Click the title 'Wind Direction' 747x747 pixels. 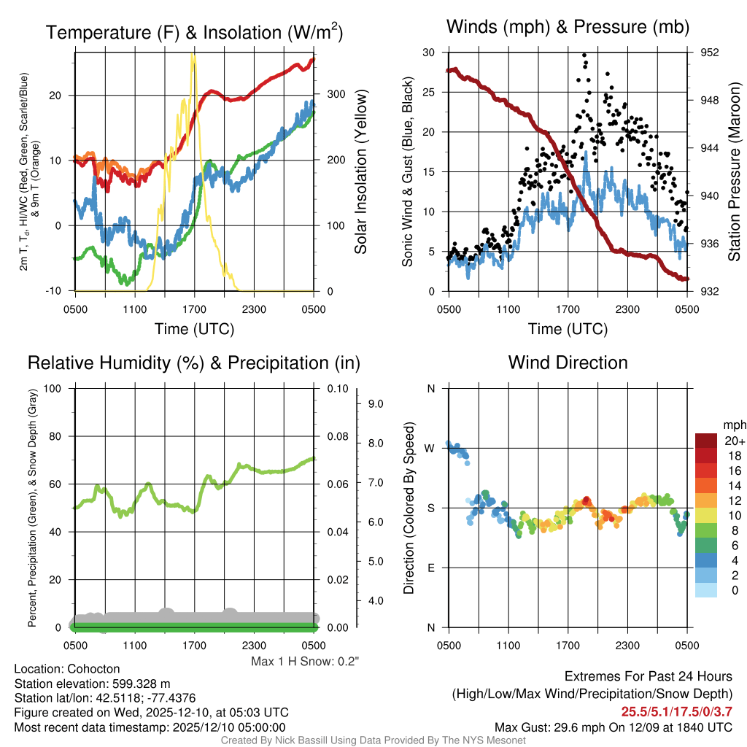[568, 363]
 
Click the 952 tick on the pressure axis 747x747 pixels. [711, 53]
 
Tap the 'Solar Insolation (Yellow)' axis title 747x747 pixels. [360, 171]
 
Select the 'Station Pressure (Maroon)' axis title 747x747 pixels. [734, 171]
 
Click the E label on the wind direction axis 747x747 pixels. [431, 568]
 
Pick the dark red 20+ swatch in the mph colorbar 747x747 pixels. [706, 441]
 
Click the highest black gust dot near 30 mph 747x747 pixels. [584, 55]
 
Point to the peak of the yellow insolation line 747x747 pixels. [193, 55]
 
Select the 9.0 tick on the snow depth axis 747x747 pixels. [374, 403]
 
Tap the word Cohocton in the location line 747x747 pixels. [93, 669]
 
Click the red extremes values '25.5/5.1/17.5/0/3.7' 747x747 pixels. [676, 711]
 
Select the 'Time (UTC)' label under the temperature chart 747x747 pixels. [194, 329]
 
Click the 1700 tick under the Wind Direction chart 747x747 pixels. [568, 646]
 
